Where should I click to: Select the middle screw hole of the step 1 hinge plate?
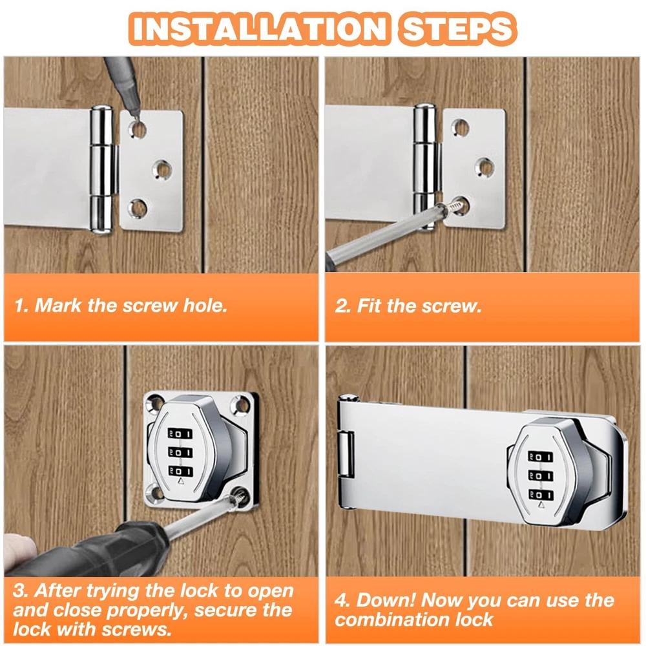coord(162,169)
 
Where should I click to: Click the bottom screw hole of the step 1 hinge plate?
coord(138,208)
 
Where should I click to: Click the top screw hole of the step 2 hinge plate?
coord(460,128)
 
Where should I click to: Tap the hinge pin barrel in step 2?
coord(425,165)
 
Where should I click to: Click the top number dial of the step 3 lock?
coord(180,433)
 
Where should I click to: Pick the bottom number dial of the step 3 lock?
coord(180,471)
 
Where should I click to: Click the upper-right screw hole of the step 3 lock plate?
coord(241,404)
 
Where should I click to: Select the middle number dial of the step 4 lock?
coord(541,476)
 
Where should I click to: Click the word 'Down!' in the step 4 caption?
coord(386,600)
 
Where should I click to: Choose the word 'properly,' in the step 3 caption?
coord(147,611)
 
